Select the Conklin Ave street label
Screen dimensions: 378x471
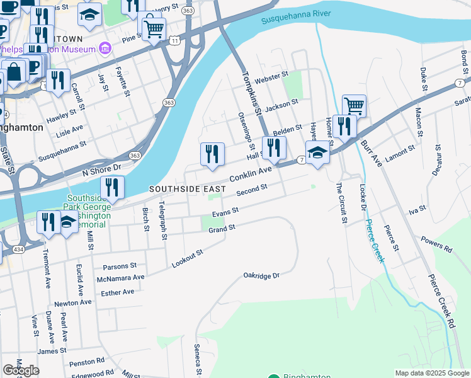pyautogui.click(x=250, y=175)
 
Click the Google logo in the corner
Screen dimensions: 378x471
pyautogui.click(x=21, y=370)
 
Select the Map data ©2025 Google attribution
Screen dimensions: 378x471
pyautogui.click(x=431, y=373)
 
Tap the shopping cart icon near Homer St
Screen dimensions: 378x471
pyautogui.click(x=354, y=106)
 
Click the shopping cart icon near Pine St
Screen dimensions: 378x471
pyautogui.click(x=154, y=28)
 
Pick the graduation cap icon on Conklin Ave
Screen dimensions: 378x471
pyautogui.click(x=317, y=152)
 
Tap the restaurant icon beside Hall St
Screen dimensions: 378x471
pyautogui.click(x=274, y=147)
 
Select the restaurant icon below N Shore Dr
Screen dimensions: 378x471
pyautogui.click(x=112, y=186)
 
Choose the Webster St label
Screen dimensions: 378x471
pyautogui.click(x=271, y=77)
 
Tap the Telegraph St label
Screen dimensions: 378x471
pyautogui.click(x=162, y=220)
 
